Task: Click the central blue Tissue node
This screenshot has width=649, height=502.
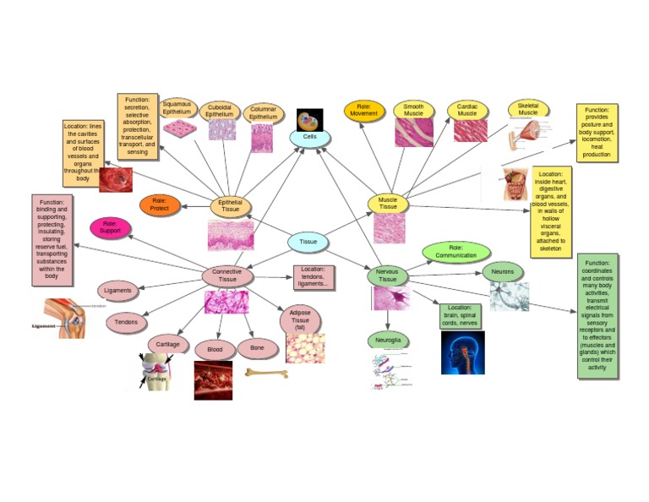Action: pyautogui.click(x=308, y=242)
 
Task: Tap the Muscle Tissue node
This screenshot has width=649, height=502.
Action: pyautogui.click(x=388, y=203)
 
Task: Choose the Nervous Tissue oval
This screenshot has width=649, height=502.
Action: pyautogui.click(x=388, y=276)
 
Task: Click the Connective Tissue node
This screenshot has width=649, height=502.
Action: pyautogui.click(x=227, y=276)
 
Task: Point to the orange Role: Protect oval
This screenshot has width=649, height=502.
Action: pyautogui.click(x=160, y=205)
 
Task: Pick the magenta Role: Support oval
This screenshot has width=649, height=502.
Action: pyautogui.click(x=110, y=227)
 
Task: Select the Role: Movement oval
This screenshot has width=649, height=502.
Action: pyautogui.click(x=364, y=111)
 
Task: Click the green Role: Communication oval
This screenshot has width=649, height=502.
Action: pyautogui.click(x=456, y=252)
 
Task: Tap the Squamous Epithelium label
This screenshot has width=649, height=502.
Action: pyautogui.click(x=177, y=107)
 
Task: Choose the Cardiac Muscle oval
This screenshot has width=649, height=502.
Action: pyautogui.click(x=467, y=111)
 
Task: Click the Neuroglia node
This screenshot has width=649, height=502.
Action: pyautogui.click(x=389, y=341)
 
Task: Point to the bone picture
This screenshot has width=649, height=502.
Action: pyautogui.click(x=266, y=372)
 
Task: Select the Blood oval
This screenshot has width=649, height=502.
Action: pyautogui.click(x=214, y=349)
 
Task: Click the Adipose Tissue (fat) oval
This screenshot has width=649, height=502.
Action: pyautogui.click(x=300, y=321)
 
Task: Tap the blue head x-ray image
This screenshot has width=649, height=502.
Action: pyautogui.click(x=462, y=352)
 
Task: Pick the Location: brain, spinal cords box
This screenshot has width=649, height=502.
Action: pyautogui.click(x=461, y=315)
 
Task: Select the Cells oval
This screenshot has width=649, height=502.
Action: pyautogui.click(x=309, y=137)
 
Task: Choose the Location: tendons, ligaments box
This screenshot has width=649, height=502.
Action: pyautogui.click(x=314, y=276)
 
